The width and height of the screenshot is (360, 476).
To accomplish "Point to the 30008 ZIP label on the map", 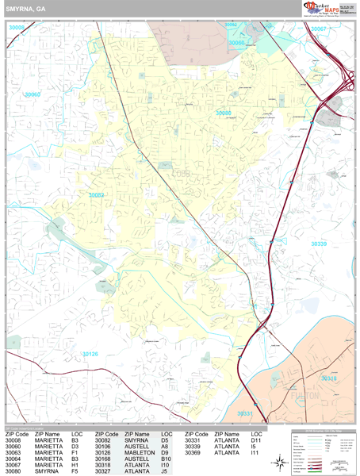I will pos(17,27).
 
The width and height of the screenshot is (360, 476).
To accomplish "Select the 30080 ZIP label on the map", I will pos(224,113).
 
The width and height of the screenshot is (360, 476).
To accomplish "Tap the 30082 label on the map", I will pos(97,194).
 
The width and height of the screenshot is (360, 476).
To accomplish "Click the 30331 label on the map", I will pos(246,414).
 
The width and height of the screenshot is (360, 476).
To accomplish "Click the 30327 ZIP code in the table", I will pos(105,471).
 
